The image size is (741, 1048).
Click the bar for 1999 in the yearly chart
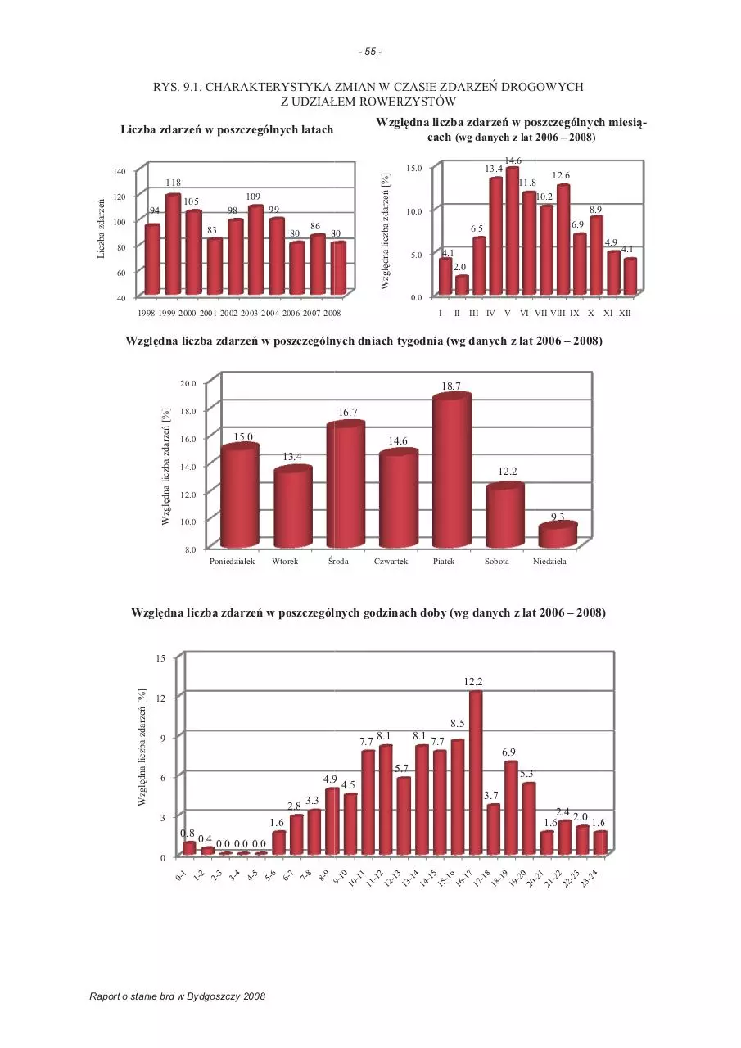coord(173,244)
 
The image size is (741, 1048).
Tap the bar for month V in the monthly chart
coord(513,231)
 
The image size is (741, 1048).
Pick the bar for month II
coord(462,286)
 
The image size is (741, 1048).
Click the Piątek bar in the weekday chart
coord(452,470)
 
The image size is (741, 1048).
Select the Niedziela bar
coord(558,535)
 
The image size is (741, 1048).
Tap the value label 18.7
coord(451,386)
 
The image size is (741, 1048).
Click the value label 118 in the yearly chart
coord(173,183)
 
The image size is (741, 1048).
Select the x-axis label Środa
coord(338,562)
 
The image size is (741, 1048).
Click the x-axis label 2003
coord(250,314)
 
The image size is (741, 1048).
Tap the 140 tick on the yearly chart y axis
coord(120,172)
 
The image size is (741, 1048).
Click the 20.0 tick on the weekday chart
coord(188,384)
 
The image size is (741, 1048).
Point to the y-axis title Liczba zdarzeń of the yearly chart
coord(101,228)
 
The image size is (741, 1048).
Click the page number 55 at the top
coord(370,52)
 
